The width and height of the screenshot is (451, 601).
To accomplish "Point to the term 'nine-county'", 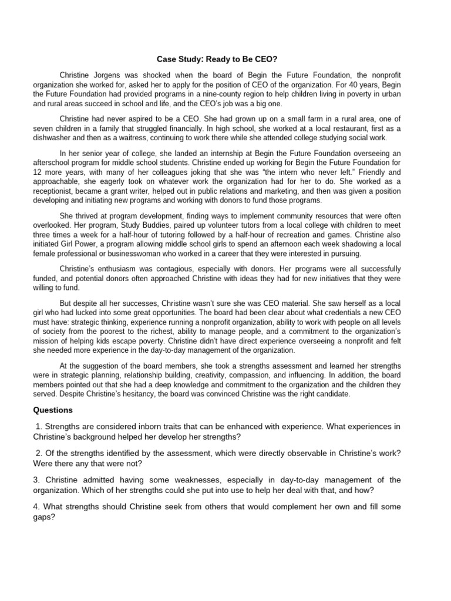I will pos(203,94).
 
